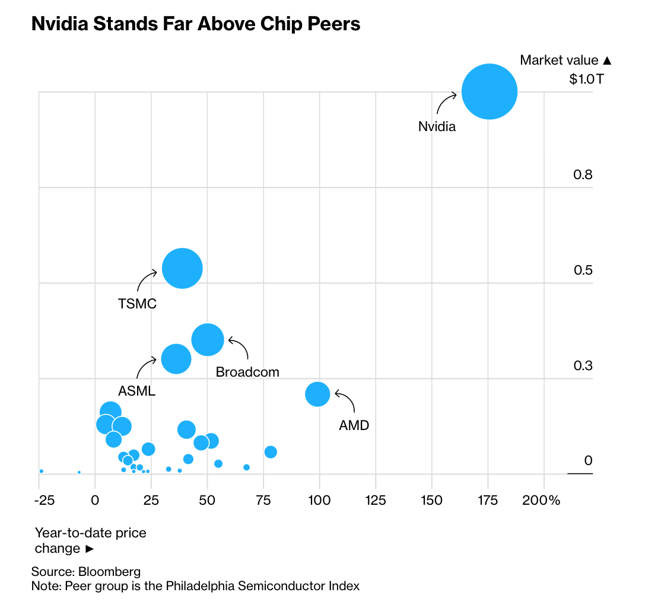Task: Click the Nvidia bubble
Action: [490, 92]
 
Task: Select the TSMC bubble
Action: [182, 269]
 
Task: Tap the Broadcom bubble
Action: [208, 340]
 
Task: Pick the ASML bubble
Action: [176, 359]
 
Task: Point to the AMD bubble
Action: [317, 394]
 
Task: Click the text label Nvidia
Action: [437, 126]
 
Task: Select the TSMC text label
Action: [137, 304]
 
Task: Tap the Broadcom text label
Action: [247, 372]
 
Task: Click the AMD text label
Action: [354, 425]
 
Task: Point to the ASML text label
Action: [136, 391]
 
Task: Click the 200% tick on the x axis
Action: [541, 500]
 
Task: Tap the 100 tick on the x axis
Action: [319, 500]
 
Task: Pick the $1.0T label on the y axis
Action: [586, 79]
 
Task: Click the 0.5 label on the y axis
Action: [583, 270]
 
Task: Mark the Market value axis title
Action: [565, 60]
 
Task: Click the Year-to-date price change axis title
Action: [90, 540]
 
